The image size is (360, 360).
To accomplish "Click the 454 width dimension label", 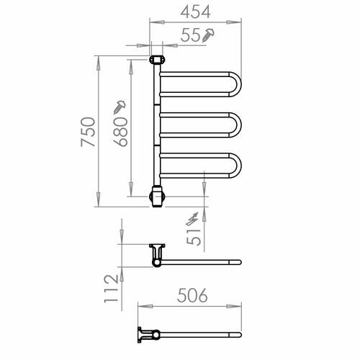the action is (195, 12).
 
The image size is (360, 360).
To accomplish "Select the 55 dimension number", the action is (190, 35).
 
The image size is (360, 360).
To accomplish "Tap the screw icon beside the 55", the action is (208, 35).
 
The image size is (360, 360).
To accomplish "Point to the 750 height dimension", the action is (88, 132).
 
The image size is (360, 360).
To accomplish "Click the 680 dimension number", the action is (120, 132).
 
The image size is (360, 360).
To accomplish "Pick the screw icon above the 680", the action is (120, 107).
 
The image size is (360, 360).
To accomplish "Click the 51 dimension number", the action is (194, 237).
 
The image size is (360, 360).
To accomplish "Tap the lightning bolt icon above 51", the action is (192, 219).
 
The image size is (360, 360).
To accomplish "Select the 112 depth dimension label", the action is (112, 289).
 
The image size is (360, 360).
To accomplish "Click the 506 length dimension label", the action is (192, 295).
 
